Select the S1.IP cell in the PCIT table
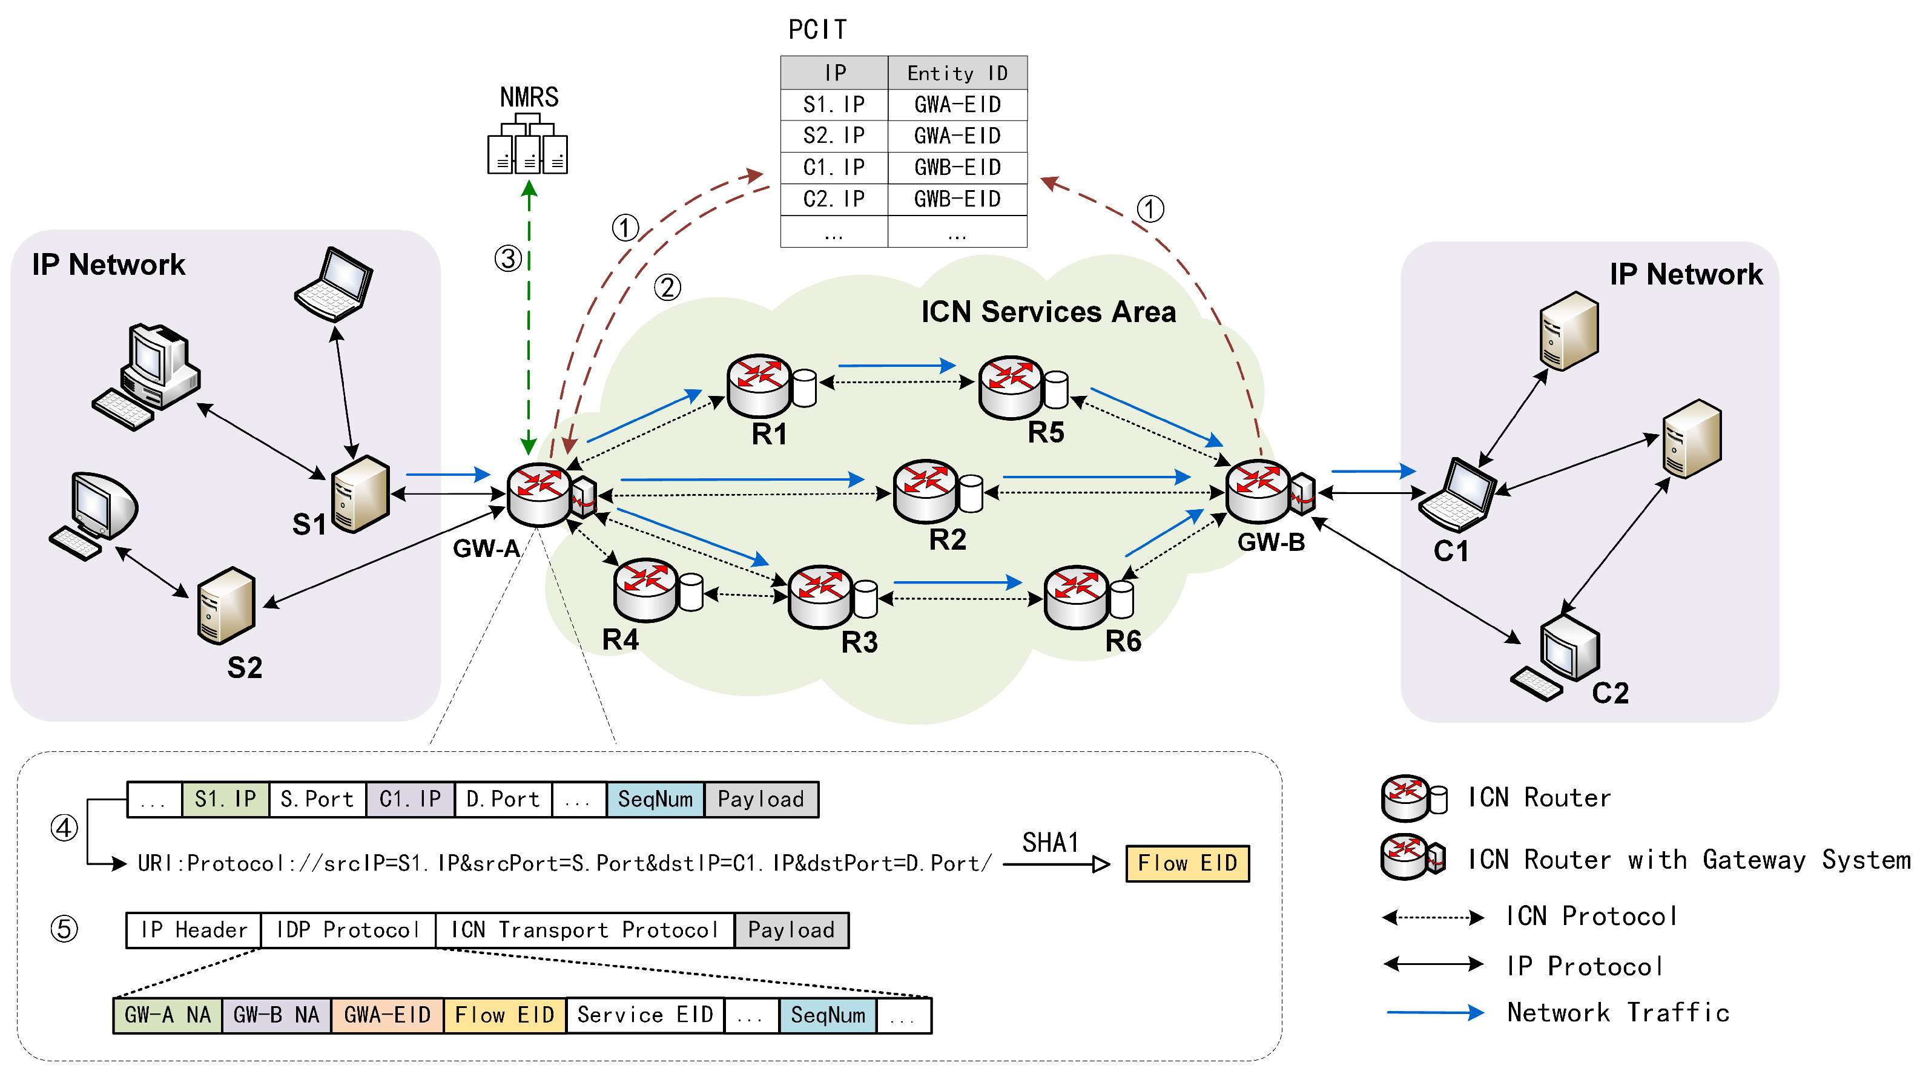833,104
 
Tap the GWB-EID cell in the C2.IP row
957,199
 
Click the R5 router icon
1011,387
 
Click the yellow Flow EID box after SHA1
1187,863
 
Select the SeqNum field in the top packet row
655,799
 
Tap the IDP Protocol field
348,929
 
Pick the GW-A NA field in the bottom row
168,1015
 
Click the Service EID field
645,1015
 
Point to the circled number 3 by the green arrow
509,259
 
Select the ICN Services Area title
1048,312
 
